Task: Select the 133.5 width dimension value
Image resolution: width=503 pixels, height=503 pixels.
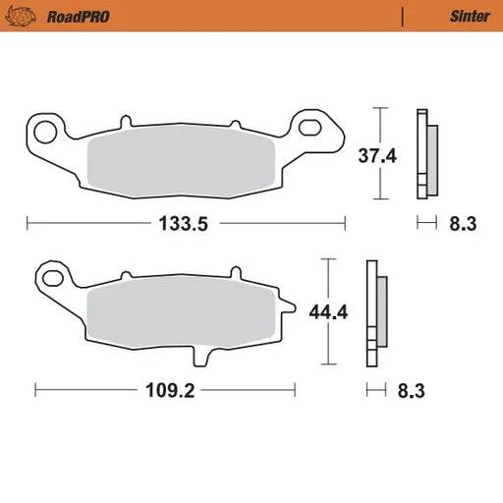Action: pos(186,223)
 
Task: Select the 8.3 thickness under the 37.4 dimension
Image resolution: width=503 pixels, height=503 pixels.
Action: pos(463,223)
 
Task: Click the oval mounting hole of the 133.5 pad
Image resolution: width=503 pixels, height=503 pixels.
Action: pos(311,126)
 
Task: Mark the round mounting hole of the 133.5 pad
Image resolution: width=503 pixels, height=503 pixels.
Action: pos(43,127)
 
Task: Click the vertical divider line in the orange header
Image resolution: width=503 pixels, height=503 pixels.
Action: pos(403,16)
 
